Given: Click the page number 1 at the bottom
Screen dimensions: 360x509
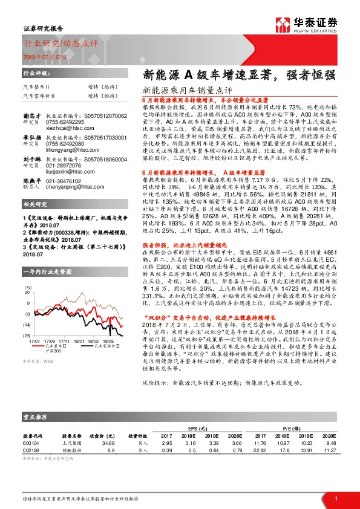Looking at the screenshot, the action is pos(335,498).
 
